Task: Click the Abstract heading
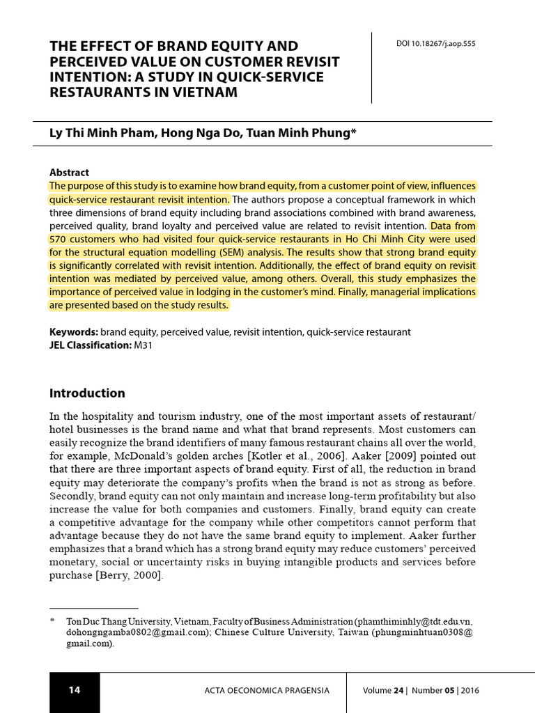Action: (69, 172)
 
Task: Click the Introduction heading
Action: (87, 393)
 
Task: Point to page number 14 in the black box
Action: (75, 690)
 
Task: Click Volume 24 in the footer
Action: (383, 691)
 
